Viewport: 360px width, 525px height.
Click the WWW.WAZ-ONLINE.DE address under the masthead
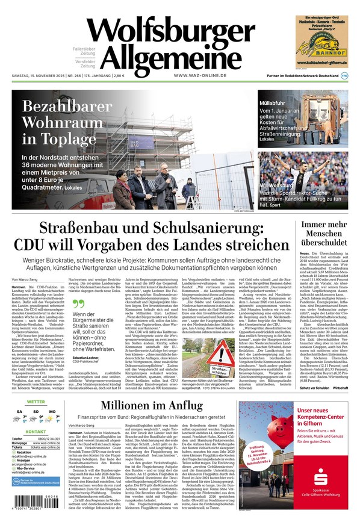coord(200,75)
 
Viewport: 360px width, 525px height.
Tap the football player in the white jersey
coord(283,175)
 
